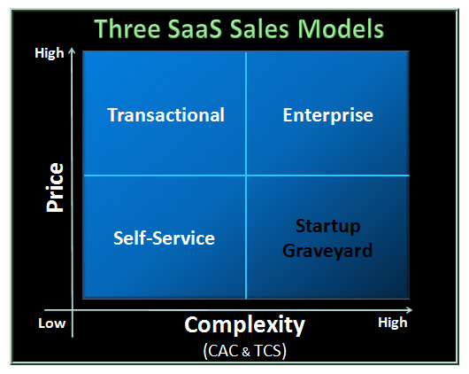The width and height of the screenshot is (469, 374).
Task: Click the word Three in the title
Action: [127, 28]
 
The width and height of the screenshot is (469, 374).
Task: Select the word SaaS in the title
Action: [195, 28]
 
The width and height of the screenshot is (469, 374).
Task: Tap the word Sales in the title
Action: [259, 28]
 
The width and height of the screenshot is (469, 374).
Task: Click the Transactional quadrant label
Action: [165, 115]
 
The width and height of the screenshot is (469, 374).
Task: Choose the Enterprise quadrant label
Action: [327, 115]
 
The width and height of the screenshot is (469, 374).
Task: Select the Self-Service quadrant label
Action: [164, 238]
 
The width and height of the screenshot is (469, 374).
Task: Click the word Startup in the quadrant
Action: [327, 226]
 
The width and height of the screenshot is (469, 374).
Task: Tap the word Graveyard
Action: [327, 251]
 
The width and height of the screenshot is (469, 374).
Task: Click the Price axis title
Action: [56, 188]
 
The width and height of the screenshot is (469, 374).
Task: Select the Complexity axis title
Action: [244, 325]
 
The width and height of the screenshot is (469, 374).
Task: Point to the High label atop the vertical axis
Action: [50, 53]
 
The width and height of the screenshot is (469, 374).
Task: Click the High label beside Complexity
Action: [392, 323]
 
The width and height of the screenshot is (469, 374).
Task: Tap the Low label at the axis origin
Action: [51, 323]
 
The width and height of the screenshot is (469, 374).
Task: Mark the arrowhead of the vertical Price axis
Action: [72, 50]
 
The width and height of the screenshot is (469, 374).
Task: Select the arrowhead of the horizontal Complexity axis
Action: [410, 310]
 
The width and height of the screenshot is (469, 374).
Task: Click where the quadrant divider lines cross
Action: [246, 175]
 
